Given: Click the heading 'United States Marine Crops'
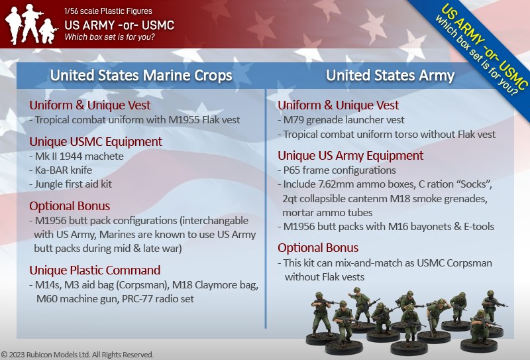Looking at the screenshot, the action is click(x=141, y=75).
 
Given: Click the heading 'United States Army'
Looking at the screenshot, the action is click(x=390, y=75).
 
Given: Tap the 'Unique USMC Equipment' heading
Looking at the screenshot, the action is click(x=95, y=141).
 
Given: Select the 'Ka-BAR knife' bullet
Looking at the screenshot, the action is click(x=60, y=170).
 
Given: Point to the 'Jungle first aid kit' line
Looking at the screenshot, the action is click(x=70, y=184).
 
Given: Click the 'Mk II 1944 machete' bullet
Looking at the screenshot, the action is click(x=76, y=156).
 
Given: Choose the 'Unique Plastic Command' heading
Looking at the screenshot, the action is click(x=95, y=270).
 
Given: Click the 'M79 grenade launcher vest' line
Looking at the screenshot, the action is click(x=341, y=120).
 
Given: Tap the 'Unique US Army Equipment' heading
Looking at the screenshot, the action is click(x=350, y=156).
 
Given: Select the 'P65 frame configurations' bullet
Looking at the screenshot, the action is click(x=337, y=170).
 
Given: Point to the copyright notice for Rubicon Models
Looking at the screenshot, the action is click(x=78, y=355).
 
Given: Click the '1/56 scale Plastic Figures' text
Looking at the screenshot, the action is click(x=108, y=11).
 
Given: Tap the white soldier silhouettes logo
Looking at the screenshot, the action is click(x=30, y=24).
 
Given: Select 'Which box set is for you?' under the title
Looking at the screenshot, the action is click(x=109, y=36).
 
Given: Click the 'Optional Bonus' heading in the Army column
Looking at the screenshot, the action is click(x=318, y=248).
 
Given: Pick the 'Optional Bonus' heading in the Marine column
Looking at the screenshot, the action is click(x=70, y=206).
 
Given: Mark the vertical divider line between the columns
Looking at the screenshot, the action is click(x=266, y=208).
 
